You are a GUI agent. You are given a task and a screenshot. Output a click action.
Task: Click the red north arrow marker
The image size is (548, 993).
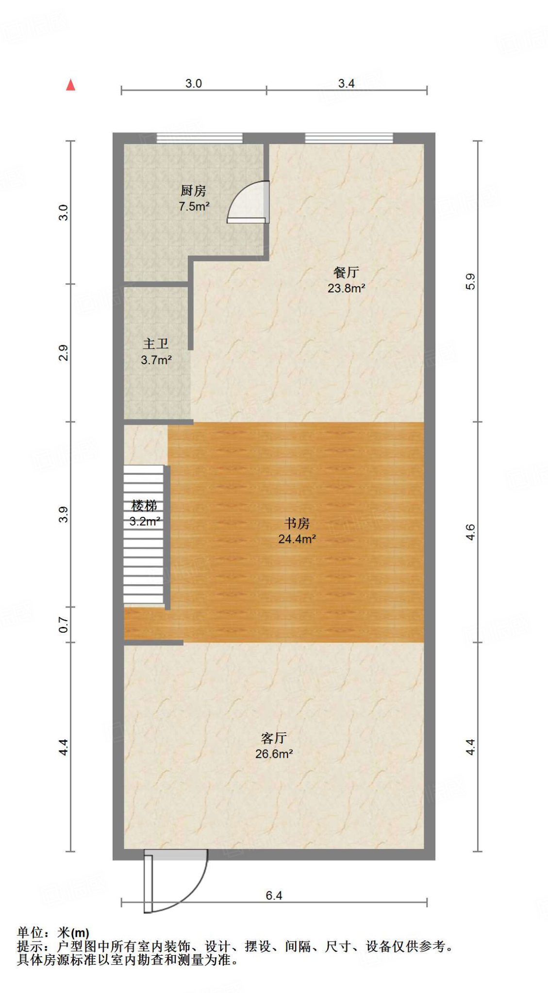coord(71,85)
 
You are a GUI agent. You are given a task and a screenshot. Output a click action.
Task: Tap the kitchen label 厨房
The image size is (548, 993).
coord(193,191)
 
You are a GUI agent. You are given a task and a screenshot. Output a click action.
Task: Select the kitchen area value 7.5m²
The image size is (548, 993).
coord(194,207)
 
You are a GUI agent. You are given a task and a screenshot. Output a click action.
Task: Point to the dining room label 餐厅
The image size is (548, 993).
coord(346,272)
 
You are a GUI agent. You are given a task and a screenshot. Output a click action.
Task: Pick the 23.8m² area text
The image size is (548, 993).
coord(346,288)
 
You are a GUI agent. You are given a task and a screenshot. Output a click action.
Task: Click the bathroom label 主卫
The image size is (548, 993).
coord(156,344)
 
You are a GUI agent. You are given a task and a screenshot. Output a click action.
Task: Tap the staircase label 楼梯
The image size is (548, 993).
coord(144,506)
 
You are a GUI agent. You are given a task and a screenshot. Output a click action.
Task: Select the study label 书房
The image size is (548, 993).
coord(297,523)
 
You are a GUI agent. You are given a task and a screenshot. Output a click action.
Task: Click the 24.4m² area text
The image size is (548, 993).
coord(297,539)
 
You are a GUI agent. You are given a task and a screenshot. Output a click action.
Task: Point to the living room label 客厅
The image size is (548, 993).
coord(274,738)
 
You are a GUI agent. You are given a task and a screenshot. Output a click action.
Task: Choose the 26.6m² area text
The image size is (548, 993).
coord(274,754)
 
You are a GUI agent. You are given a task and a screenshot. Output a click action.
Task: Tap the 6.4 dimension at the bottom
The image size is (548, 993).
coord(274,896)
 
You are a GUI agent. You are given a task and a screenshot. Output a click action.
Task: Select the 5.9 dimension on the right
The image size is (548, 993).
coord(470,281)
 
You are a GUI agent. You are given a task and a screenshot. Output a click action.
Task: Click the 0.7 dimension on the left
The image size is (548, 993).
coord(63,625)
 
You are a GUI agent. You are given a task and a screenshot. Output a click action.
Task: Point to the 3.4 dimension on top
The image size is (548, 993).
coord(346,83)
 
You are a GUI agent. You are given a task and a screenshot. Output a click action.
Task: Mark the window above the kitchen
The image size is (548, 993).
coord(199,138)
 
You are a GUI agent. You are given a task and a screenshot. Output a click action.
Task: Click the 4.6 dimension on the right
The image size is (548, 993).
coord(470,532)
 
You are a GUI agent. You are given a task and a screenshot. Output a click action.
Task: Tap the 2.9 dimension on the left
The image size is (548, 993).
coord(63,352)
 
